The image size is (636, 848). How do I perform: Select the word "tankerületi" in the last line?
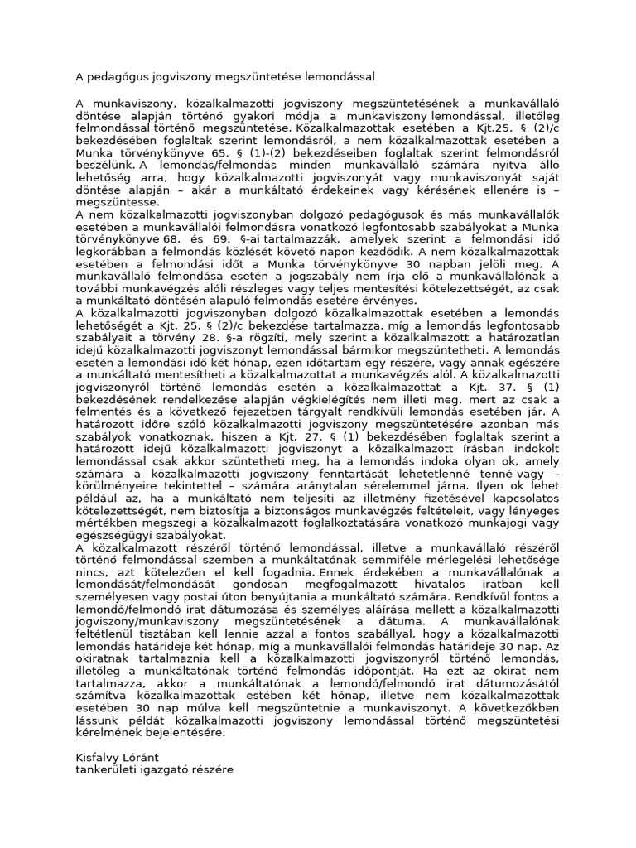(x=104, y=769)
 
